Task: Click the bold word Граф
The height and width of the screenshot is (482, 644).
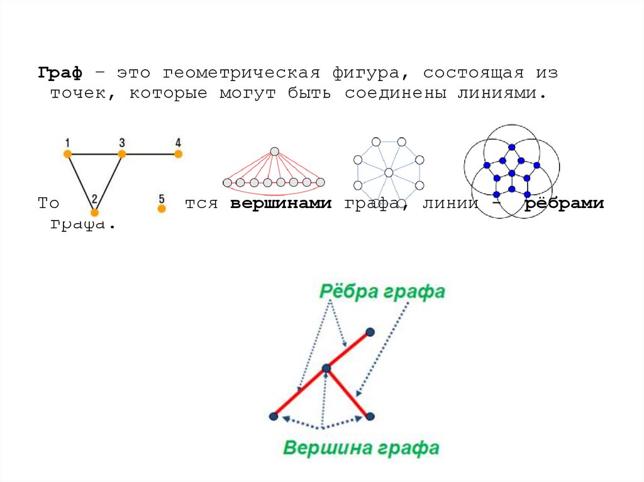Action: click(60, 73)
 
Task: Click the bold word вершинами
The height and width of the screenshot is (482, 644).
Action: click(280, 204)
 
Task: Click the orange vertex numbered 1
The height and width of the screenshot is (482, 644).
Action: click(67, 153)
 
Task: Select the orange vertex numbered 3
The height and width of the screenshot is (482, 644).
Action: click(122, 153)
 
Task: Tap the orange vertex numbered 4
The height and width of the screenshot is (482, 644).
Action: click(178, 153)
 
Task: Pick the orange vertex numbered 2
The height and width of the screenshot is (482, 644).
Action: click(94, 212)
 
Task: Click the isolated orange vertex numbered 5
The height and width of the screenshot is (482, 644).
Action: click(162, 209)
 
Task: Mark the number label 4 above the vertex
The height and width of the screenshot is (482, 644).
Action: click(178, 142)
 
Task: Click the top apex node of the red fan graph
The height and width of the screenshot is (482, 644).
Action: click(274, 151)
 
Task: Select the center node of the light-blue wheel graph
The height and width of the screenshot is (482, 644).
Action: click(389, 172)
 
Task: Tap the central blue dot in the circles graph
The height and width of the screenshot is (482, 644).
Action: click(512, 173)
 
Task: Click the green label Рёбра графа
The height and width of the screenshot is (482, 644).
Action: click(382, 292)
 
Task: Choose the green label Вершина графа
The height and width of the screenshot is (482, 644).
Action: click(361, 448)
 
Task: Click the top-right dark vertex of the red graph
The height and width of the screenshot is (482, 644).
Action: click(370, 331)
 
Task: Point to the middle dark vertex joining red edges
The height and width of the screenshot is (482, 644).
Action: click(326, 368)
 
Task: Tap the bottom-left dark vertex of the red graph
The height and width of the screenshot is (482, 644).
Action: click(274, 415)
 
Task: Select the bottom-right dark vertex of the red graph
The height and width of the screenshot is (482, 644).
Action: click(370, 415)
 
